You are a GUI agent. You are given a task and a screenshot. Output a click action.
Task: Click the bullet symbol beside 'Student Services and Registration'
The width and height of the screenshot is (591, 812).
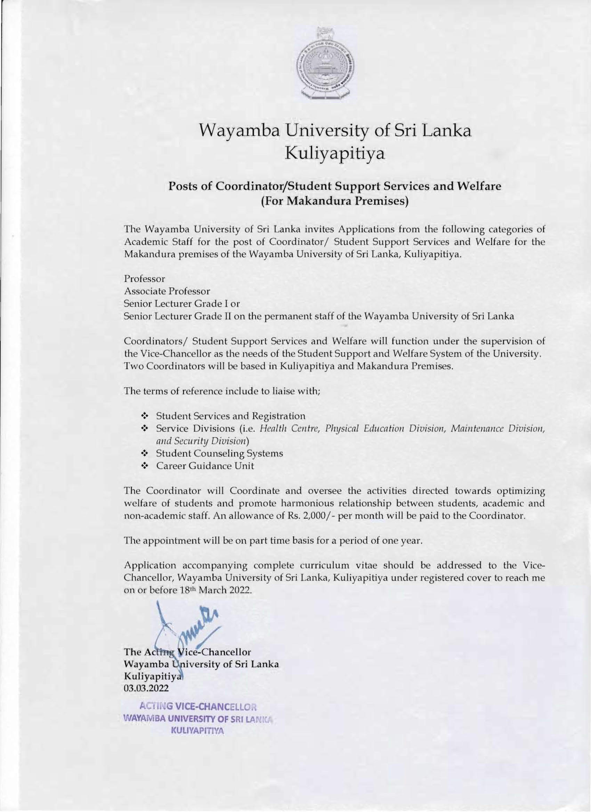click(145, 416)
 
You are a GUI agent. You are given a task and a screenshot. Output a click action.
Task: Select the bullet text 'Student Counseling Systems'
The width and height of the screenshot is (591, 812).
click(219, 453)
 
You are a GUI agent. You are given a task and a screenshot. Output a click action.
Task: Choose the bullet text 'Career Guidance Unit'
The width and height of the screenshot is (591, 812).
click(205, 466)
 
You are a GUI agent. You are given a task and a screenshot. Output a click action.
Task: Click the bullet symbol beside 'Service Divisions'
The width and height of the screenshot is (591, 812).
click(145, 428)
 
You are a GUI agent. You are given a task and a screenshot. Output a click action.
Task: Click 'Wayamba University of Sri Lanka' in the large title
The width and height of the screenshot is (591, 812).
click(335, 131)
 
